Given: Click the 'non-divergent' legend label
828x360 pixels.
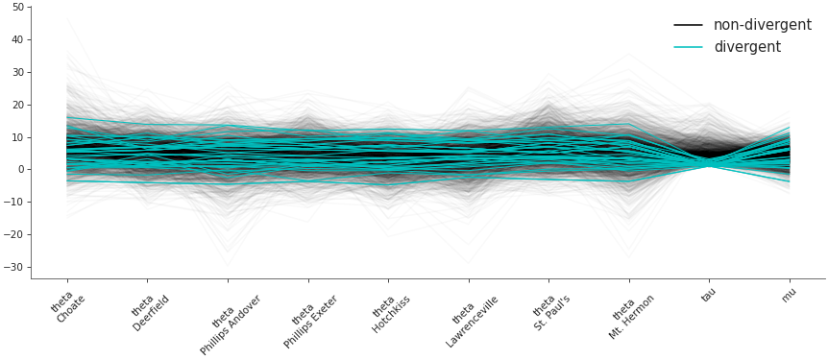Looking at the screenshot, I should tap(762, 25).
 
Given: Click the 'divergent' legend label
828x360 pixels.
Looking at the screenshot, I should tap(746, 47).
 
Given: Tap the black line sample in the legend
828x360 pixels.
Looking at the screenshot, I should tap(688, 25).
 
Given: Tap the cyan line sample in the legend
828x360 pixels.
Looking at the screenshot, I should tap(688, 47).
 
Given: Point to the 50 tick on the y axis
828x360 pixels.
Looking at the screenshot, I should tap(18, 7).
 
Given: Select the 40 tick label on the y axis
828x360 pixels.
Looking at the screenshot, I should tap(18, 39).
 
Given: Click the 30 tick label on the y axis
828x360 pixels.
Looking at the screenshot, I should tap(18, 72).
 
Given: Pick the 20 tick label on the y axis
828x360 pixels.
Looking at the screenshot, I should tap(18, 105).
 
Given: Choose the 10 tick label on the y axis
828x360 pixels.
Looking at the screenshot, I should tap(18, 137).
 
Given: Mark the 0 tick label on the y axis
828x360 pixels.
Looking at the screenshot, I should tap(21, 170).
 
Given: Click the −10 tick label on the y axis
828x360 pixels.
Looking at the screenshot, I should tap(15, 203).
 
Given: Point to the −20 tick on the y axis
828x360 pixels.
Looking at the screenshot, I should tap(15, 235).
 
